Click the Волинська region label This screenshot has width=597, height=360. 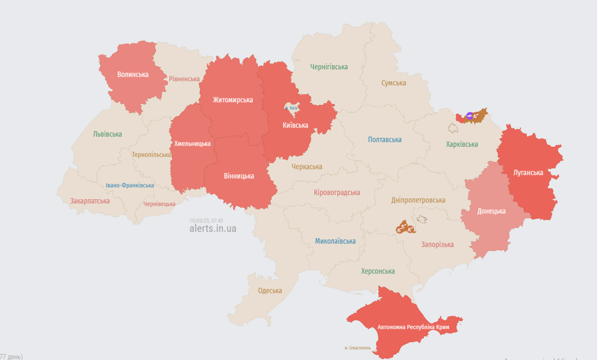(133, 75)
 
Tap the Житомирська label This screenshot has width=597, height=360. (233, 100)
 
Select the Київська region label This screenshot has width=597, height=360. (295, 125)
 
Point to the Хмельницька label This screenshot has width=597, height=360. (192, 143)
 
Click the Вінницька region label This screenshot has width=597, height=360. (239, 176)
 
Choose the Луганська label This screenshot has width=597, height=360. (528, 172)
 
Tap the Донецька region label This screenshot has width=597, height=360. (491, 211)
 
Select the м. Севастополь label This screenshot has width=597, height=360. (357, 348)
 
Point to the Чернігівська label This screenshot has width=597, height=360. (329, 67)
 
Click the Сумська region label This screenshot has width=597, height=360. (393, 83)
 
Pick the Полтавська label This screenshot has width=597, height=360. (385, 140)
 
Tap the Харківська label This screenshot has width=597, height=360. (462, 144)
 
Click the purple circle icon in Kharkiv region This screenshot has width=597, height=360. (470, 116)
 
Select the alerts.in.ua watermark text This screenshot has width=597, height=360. (213, 229)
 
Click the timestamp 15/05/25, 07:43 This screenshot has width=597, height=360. (206, 220)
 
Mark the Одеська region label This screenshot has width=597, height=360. (270, 291)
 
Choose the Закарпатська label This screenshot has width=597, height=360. (90, 201)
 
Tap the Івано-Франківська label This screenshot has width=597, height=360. (130, 185)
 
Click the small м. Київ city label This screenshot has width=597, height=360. (291, 108)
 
